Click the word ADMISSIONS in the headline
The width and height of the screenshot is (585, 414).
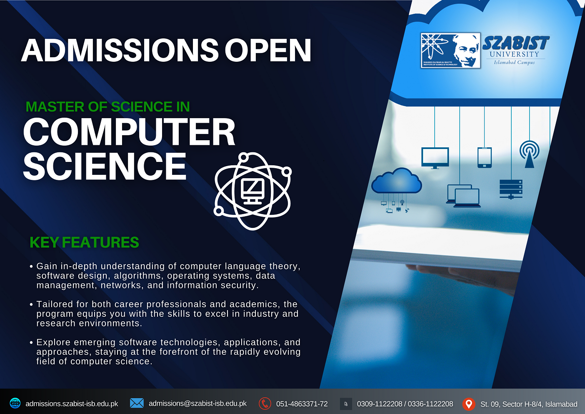coord(120,50)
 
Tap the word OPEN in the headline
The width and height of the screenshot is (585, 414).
coord(268,50)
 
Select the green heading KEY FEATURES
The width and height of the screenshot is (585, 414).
coord(84,242)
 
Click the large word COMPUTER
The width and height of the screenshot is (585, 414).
coord(129,132)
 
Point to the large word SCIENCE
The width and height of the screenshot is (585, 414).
coord(105,167)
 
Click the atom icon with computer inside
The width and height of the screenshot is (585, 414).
coord(252,191)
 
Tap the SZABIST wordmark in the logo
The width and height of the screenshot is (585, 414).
coord(516,43)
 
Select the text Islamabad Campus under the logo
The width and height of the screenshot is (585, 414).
coord(514,63)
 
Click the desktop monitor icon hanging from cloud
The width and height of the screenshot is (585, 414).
coord(435,158)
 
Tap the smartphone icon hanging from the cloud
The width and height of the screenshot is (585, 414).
coord(484,157)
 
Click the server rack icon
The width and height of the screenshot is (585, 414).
coord(511,189)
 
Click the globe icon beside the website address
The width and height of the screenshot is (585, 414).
coord(15,404)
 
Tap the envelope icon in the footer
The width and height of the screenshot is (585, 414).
coord(137,403)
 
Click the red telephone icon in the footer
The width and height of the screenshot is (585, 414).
coord(265,404)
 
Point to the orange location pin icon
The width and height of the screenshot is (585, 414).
coord(469,404)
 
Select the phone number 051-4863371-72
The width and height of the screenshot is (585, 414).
coord(302,404)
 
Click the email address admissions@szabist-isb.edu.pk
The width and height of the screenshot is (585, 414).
coord(197,404)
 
